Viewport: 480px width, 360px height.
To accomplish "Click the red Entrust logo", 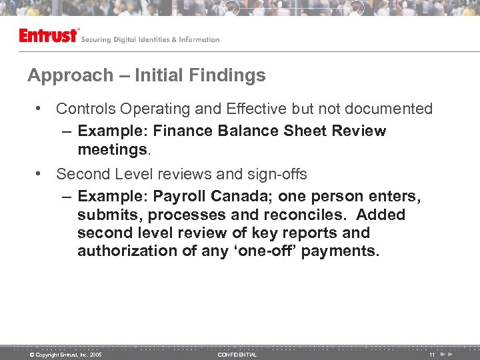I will point(49,35).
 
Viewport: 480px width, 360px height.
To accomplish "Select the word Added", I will point(381,215).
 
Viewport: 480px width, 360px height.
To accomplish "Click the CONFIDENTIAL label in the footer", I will point(237,355).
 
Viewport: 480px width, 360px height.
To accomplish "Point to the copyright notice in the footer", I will point(65,355).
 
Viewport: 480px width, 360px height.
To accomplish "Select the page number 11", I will point(432,355).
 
